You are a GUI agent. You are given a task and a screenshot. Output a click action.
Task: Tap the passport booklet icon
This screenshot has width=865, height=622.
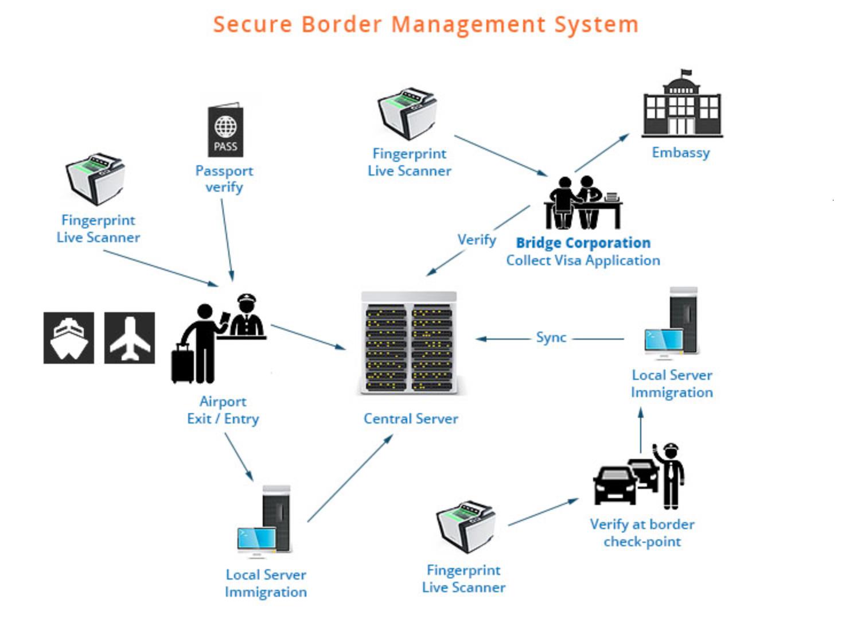click(x=225, y=130)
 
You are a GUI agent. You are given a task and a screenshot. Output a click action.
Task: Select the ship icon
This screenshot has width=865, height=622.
click(x=69, y=338)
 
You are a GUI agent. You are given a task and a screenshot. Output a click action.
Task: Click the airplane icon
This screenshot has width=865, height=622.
click(x=130, y=338)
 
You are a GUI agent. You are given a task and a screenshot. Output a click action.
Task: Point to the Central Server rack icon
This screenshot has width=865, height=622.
click(x=409, y=344)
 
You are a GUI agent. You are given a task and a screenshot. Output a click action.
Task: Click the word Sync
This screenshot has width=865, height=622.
click(x=551, y=338)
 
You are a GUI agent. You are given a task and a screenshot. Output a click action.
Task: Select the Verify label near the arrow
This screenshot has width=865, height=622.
click(x=477, y=240)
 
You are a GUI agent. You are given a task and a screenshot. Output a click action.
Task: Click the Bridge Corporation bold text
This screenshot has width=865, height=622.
click(x=583, y=243)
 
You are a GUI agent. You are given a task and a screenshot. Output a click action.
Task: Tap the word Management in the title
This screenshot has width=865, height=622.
click(x=469, y=25)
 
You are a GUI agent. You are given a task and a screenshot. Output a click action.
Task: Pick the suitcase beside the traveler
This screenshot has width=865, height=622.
click(x=183, y=363)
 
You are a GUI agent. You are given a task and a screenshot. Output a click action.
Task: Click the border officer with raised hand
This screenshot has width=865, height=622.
click(x=670, y=474)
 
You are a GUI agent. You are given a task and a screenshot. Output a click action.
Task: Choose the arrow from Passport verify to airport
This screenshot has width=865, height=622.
click(x=227, y=239)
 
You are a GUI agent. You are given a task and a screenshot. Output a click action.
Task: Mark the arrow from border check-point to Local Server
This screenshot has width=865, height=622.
click(x=641, y=430)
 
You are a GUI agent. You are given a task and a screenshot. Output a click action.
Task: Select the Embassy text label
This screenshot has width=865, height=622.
click(x=681, y=153)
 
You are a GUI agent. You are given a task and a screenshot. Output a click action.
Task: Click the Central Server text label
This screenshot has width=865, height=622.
click(x=411, y=419)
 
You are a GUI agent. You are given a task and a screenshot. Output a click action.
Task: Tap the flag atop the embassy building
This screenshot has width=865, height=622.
click(x=686, y=73)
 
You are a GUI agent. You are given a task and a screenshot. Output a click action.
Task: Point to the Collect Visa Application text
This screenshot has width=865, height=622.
click(x=583, y=261)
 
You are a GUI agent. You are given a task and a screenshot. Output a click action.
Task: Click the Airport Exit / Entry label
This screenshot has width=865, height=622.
click(x=223, y=410)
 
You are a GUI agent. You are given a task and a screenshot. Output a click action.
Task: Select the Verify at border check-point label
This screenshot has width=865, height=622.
click(x=642, y=533)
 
